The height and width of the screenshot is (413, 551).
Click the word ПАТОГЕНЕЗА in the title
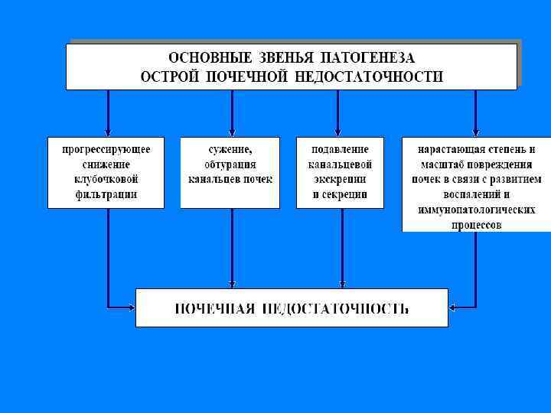point(367,58)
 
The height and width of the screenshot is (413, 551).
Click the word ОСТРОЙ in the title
point(170,76)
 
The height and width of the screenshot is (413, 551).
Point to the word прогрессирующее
point(106,149)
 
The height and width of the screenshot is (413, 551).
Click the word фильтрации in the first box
point(106,194)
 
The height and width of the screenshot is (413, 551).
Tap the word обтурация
point(230,164)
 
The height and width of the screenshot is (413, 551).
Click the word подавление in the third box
point(341,149)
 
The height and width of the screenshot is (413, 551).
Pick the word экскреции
point(341,179)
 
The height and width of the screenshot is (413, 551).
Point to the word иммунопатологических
point(476,210)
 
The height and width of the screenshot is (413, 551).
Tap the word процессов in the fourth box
point(476,225)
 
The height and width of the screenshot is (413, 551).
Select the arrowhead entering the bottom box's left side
point(131,307)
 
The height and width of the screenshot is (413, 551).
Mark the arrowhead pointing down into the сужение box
point(231,132)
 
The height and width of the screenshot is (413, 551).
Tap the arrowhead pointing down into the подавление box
point(337,132)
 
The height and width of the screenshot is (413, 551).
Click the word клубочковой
point(106,179)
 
